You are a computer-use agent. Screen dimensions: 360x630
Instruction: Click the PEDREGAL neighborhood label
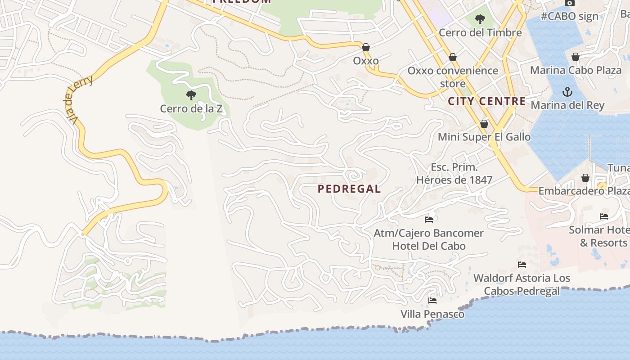pos(349,189)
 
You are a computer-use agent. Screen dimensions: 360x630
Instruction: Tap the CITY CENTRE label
pos(487,101)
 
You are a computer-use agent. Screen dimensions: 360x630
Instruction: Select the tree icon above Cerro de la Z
pos(191,95)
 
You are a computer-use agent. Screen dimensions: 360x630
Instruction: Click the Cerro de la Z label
pos(191,108)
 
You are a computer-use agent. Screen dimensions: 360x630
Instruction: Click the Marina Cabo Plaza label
pos(576,70)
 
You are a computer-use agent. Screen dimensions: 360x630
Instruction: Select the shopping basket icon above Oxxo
pos(366,47)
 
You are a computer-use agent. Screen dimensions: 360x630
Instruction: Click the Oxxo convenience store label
pos(453,77)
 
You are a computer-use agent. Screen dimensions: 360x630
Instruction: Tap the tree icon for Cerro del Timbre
pos(480,19)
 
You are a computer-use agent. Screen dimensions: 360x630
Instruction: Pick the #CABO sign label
pos(569,16)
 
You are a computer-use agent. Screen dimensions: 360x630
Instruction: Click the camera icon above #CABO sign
pos(569,3)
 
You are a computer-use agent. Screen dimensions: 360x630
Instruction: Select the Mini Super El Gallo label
pos(484,137)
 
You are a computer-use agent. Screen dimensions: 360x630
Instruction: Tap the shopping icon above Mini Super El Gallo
pos(484,124)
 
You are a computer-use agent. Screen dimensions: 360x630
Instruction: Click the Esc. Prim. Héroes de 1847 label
pos(454,174)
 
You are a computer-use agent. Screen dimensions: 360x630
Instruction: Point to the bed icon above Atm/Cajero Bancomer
pos(429,220)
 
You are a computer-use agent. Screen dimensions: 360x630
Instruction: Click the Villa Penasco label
pos(432,314)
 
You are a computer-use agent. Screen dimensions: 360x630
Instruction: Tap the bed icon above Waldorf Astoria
pos(522,265)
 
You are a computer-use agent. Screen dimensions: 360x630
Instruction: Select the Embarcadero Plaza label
pos(584,191)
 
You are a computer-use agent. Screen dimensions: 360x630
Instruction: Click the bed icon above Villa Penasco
pos(432,300)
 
